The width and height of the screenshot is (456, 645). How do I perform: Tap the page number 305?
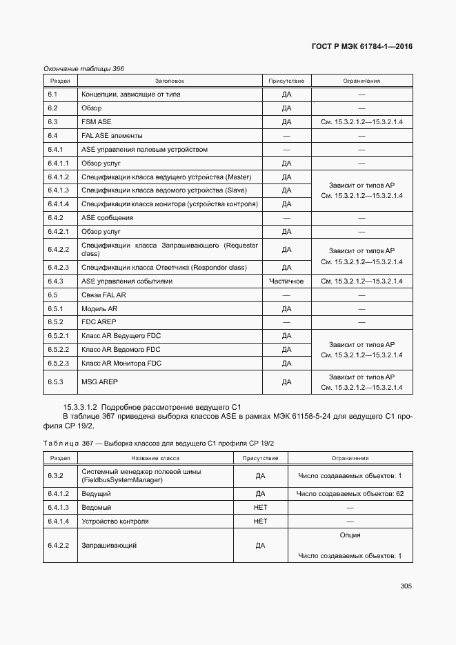(x=406, y=586)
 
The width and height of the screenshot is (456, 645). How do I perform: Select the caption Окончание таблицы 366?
(x=83, y=68)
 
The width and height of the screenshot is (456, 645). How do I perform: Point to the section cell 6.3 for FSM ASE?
(x=52, y=121)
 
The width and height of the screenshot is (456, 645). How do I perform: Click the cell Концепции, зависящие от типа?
(x=130, y=94)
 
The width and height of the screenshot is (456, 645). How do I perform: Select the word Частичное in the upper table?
(x=286, y=281)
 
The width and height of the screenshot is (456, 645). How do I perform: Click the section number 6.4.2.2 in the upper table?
(x=59, y=249)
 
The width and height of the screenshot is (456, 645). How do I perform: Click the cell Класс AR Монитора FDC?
(x=121, y=363)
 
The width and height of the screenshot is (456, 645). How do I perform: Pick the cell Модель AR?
(x=99, y=308)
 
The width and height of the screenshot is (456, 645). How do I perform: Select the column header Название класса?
(x=155, y=458)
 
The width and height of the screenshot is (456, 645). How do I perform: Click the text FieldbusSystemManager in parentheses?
(x=121, y=480)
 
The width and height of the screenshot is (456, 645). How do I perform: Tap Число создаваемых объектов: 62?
(x=350, y=494)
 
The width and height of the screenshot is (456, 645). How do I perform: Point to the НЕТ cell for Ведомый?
(x=260, y=508)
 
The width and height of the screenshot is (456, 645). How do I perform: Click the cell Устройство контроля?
(x=115, y=522)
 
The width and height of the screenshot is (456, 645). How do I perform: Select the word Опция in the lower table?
(x=350, y=535)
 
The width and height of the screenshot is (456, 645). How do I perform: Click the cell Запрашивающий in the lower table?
(x=109, y=546)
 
